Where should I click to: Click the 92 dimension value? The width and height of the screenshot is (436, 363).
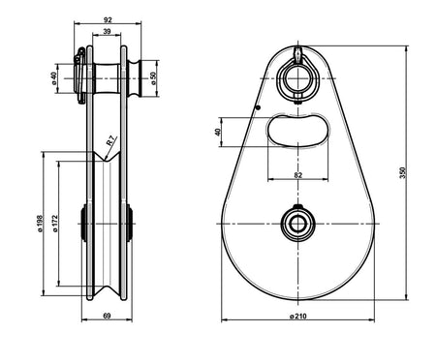coord(108,19)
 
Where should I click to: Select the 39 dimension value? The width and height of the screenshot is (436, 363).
coord(107,31)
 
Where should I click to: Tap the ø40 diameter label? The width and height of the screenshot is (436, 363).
coord(54,78)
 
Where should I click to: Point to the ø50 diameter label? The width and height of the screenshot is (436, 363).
coord(153,78)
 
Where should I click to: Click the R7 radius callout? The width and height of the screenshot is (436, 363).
coord(111,141)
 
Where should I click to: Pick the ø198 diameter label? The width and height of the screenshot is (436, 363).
coord(40,224)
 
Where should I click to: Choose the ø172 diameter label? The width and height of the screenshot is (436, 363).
coord(55,224)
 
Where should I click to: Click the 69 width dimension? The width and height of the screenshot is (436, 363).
coord(107,316)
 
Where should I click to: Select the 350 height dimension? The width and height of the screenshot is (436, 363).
coord(402,173)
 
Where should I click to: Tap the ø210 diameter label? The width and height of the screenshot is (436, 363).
coord(298,316)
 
